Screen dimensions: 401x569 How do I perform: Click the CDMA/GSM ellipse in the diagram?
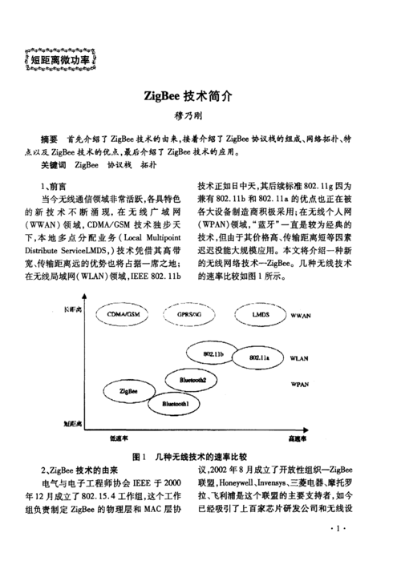click(126, 314)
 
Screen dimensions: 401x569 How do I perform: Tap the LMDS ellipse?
click(260, 314)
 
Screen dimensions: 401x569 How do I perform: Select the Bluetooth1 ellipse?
click(176, 405)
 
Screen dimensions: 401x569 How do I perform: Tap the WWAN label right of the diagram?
click(301, 315)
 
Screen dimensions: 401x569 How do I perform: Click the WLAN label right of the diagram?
click(299, 357)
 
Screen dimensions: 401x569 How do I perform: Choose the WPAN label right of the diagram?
click(299, 385)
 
